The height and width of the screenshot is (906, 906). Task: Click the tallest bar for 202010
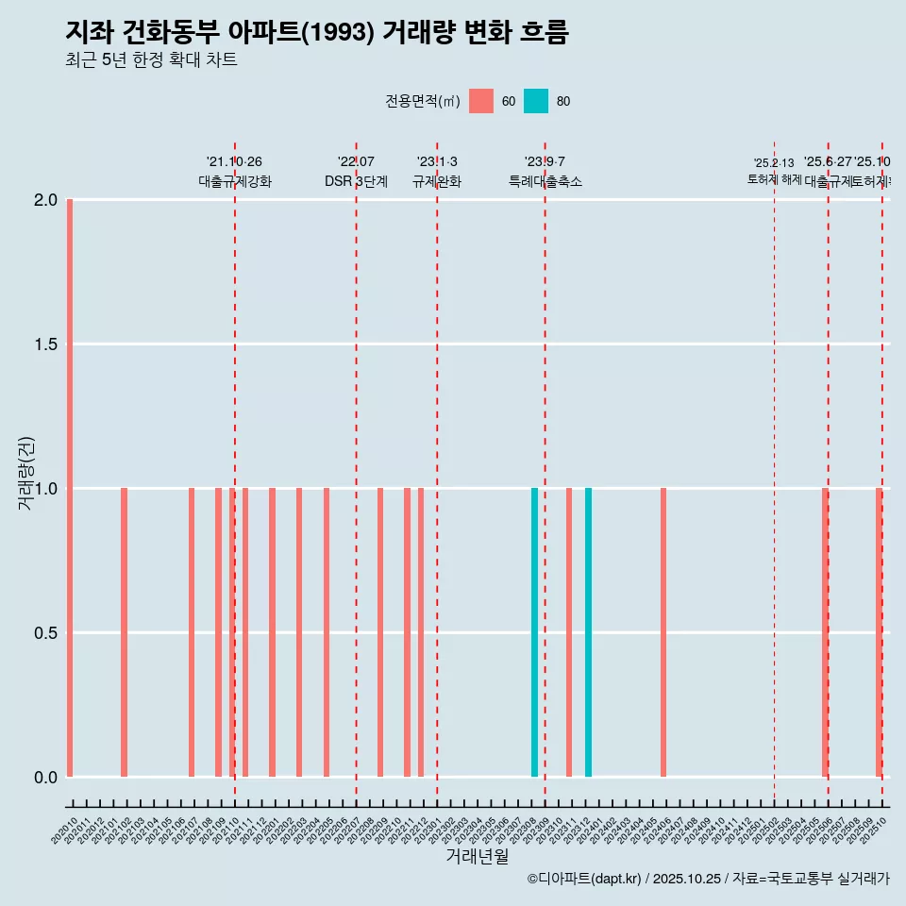70,488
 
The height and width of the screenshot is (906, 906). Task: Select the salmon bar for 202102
124,632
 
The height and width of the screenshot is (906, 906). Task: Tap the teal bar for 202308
534,632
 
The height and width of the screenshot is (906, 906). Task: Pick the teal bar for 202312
588,632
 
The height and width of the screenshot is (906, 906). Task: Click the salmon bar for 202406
663,632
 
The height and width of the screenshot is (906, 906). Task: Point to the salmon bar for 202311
569,632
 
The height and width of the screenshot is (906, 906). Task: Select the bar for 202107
192,632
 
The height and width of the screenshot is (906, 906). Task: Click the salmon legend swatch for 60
481,101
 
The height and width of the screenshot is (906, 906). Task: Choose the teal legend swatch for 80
536,101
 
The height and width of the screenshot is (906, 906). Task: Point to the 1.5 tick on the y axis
45,344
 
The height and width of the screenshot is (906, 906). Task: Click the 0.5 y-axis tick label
45,633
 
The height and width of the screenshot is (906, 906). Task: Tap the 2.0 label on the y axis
45,200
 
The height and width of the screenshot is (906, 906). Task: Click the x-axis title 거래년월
477,857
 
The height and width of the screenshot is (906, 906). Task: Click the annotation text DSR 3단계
356,182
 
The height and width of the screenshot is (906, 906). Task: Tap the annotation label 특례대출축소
545,182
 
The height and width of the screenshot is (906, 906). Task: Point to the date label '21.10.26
234,161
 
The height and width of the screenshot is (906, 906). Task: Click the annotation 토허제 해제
774,179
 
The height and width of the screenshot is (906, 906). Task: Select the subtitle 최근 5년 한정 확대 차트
151,60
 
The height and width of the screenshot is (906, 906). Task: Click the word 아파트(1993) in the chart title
301,32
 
